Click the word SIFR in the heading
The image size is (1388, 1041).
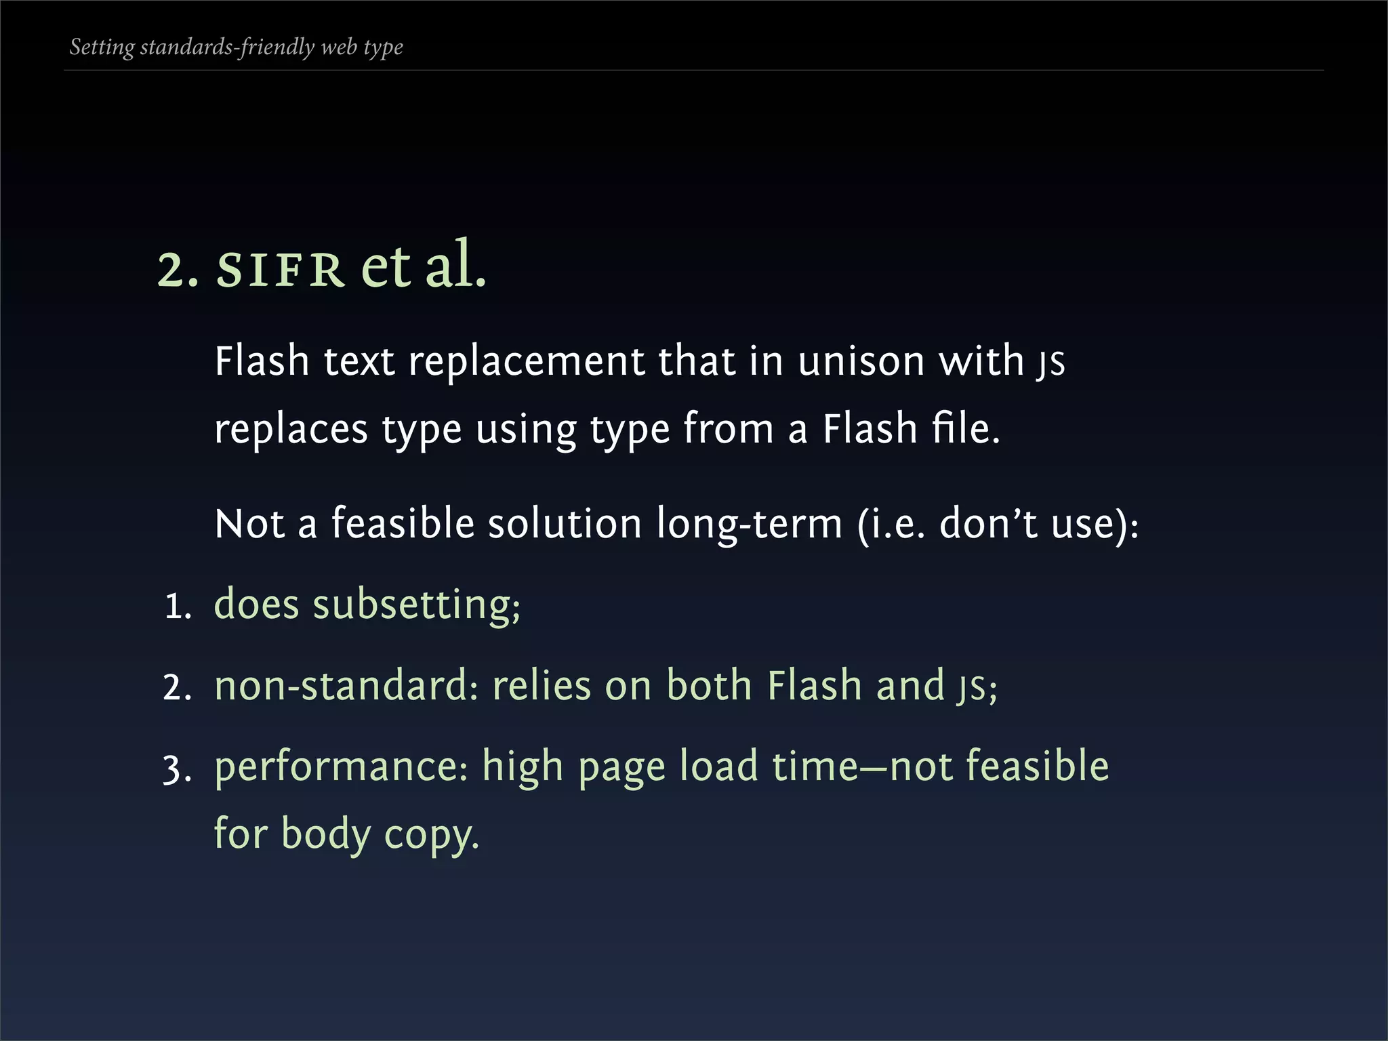point(280,270)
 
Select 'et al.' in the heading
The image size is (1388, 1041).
point(424,266)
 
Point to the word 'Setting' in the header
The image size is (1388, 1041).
point(102,47)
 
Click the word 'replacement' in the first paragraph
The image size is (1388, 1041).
point(526,361)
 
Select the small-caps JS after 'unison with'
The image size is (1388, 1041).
point(1051,362)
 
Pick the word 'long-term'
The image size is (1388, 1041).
point(749,524)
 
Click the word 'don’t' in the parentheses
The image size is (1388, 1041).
point(988,524)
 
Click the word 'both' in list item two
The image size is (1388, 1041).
point(709,685)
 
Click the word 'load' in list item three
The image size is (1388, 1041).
point(718,766)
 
